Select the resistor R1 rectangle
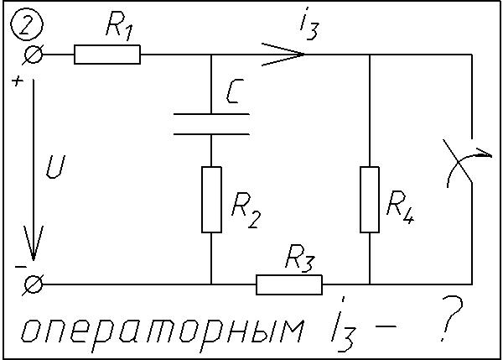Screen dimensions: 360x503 106,55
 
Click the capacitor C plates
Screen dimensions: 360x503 210,124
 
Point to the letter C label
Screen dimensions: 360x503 235,97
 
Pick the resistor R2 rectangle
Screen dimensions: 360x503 210,199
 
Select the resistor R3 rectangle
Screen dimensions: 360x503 288,285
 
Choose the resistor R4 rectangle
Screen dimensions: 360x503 370,199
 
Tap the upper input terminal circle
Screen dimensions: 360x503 34,55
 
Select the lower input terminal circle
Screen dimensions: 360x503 34,285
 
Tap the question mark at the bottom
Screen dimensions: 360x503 454,327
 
